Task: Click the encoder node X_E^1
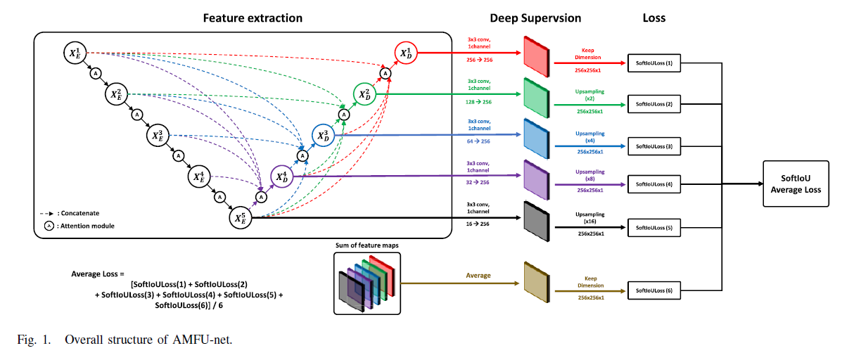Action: pos(75,53)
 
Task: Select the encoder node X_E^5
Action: pos(241,218)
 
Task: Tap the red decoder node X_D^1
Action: pos(406,53)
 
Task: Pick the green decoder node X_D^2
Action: pos(364,94)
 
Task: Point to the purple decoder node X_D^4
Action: pos(282,176)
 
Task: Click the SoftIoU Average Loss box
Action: pos(796,184)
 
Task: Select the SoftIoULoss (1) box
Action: pos(654,63)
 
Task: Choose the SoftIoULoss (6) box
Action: pos(654,290)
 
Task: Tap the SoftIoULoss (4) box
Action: pos(654,184)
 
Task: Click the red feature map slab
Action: pos(537,56)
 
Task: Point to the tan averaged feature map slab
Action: pos(537,282)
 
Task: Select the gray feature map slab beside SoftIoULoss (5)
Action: pos(537,221)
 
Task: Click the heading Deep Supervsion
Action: pos(535,18)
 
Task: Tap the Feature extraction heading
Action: pos(253,18)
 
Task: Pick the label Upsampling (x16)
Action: pos(590,218)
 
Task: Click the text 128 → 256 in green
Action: pos(478,102)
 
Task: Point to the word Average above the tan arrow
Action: pos(478,276)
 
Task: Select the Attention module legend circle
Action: pos(49,226)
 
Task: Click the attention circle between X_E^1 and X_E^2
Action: pos(96,73)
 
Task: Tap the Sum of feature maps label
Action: pos(367,245)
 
